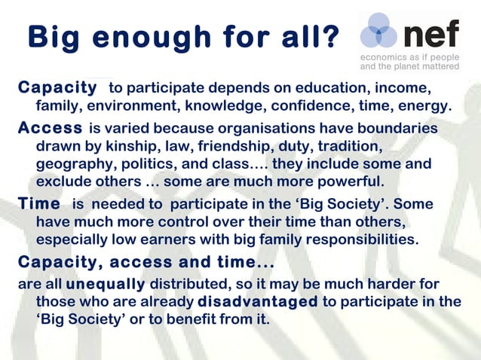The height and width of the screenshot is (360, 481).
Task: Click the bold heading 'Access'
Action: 50,129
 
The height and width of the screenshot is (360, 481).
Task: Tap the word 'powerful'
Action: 347,182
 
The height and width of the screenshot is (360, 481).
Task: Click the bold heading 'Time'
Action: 39,205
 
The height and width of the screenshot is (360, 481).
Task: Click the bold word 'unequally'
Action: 106,285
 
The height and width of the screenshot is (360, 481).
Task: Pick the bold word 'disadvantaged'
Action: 257,302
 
